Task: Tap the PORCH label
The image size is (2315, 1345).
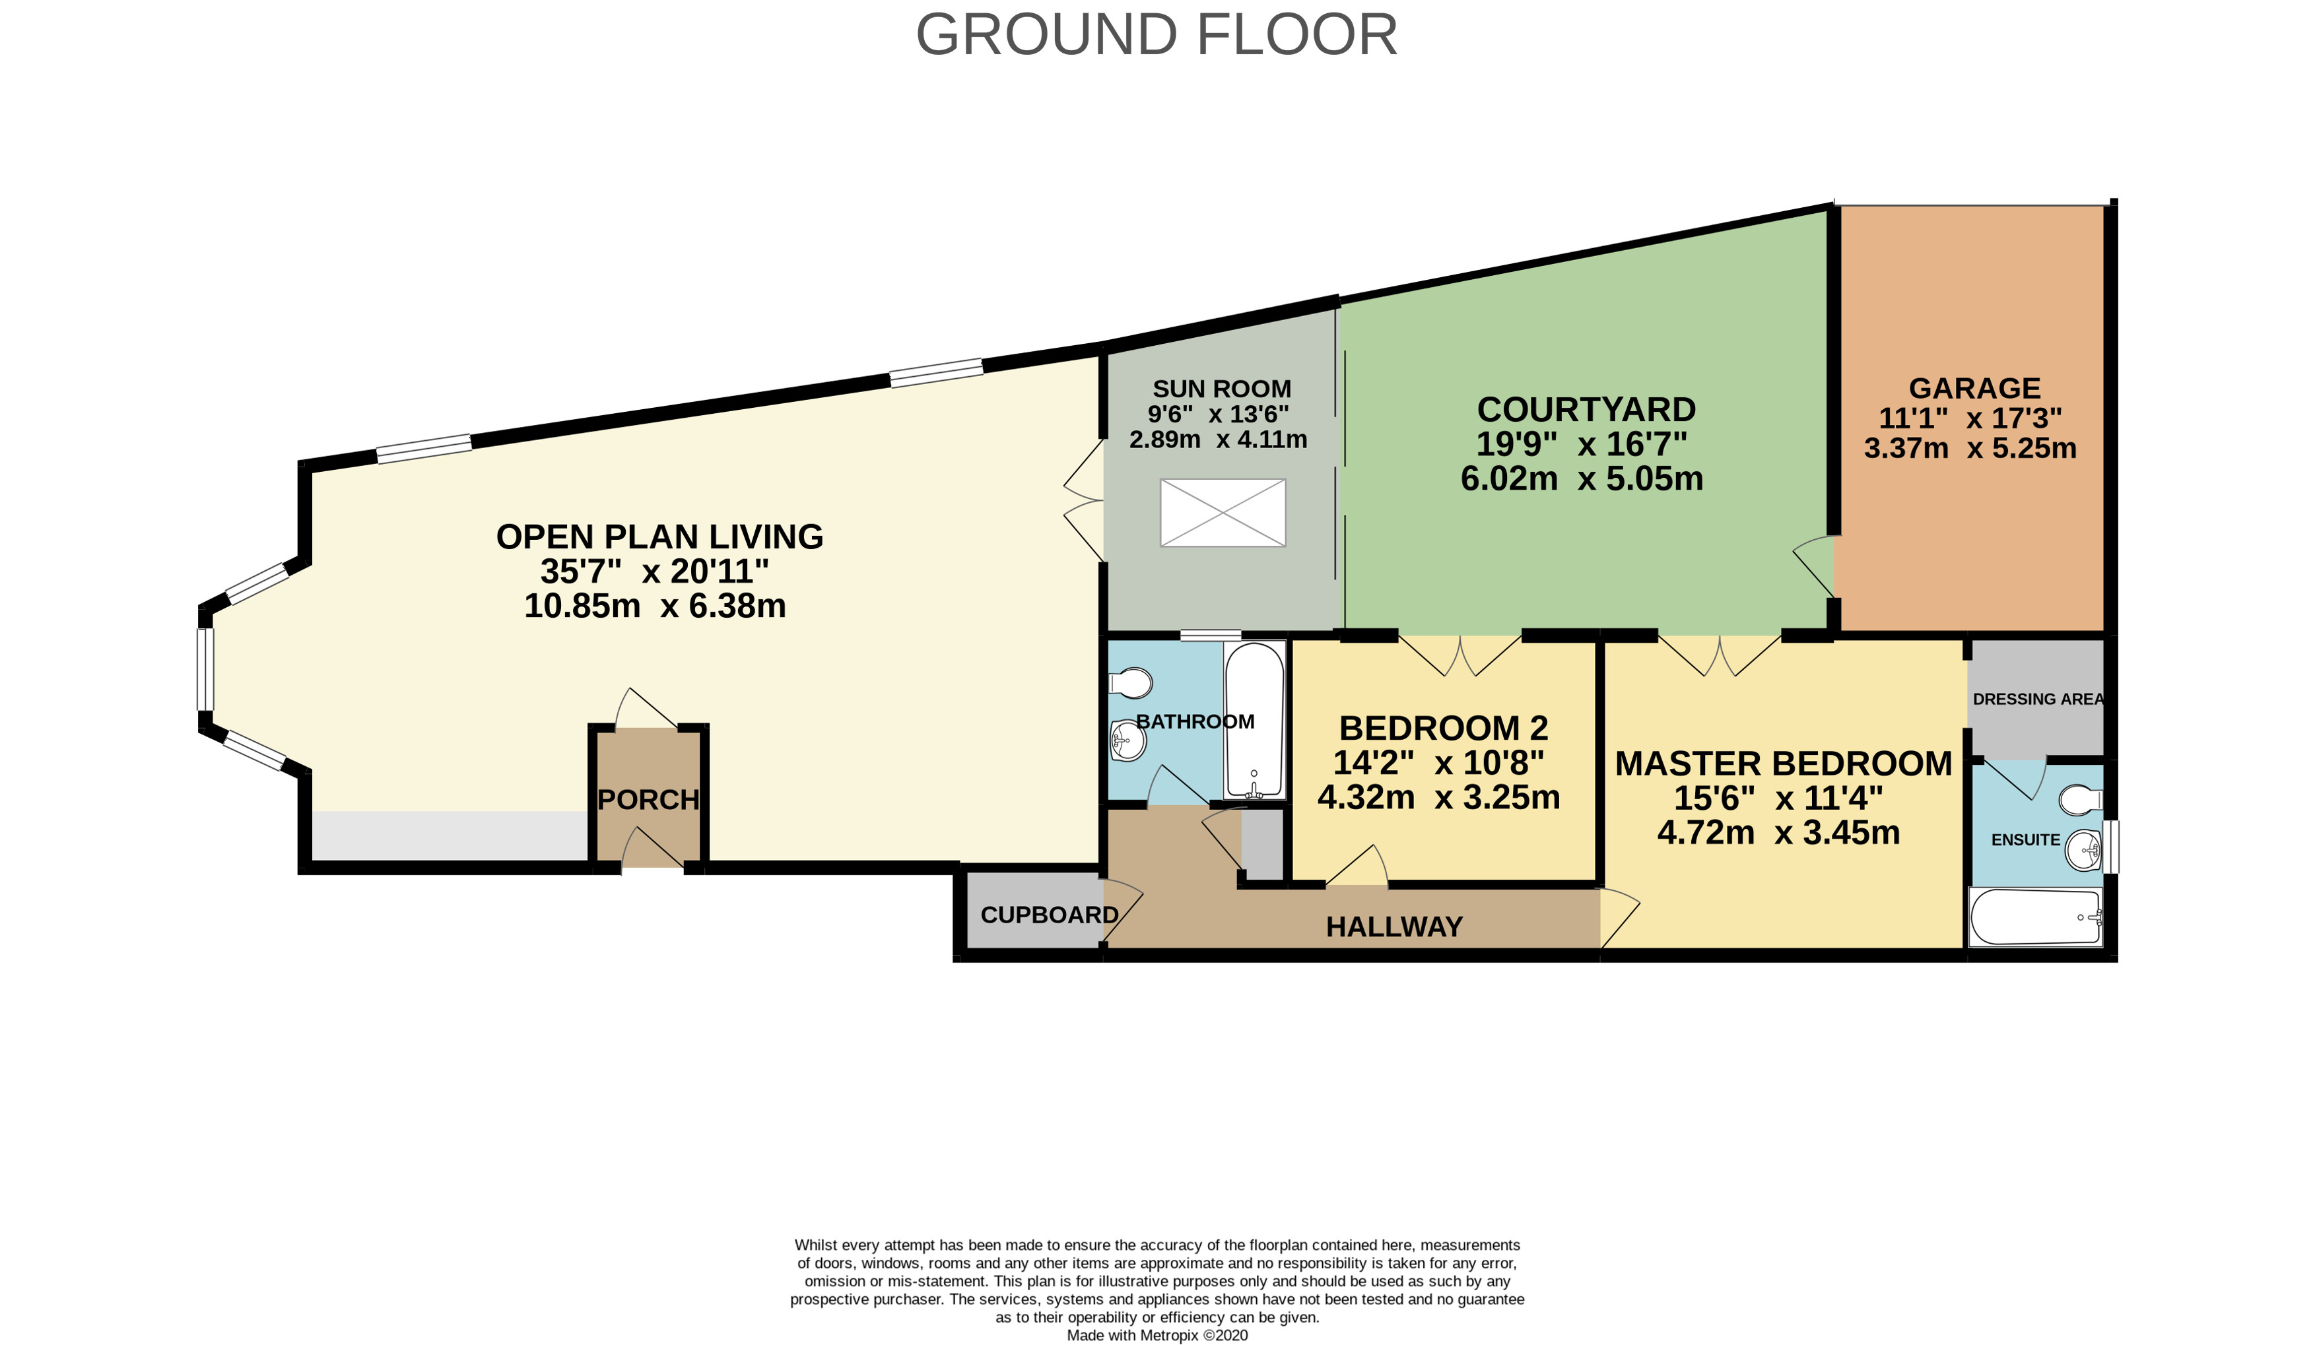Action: click(649, 800)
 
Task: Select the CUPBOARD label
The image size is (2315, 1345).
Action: click(1049, 915)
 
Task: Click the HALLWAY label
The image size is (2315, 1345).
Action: click(1395, 927)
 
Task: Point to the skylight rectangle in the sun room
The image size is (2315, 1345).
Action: click(1223, 513)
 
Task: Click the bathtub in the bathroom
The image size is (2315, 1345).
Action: click(1254, 720)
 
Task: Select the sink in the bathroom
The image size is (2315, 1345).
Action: click(1128, 740)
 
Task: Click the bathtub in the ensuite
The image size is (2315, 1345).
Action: click(2036, 917)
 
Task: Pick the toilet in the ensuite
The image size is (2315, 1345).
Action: click(2081, 800)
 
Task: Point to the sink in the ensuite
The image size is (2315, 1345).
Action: click(2083, 851)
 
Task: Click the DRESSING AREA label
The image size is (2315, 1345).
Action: click(2038, 699)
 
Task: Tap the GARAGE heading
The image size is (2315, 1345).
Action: click(1974, 387)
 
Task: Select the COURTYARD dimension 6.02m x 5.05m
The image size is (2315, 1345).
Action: click(1582, 478)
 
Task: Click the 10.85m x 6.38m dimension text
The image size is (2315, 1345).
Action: click(655, 607)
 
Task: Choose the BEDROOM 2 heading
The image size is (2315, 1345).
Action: click(1443, 728)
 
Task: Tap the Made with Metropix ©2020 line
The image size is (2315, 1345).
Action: click(1158, 1335)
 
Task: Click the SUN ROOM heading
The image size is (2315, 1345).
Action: click(1222, 389)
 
